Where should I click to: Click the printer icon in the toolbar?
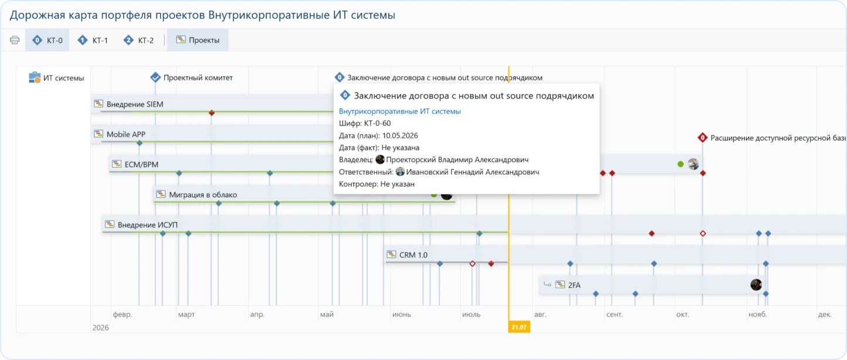pyautogui.click(x=15, y=40)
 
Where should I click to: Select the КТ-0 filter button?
pyautogui.click(x=48, y=40)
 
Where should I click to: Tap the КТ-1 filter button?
pyautogui.click(x=93, y=40)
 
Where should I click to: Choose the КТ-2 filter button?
pyautogui.click(x=139, y=40)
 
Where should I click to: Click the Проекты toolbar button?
pyautogui.click(x=198, y=40)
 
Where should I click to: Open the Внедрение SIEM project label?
pyautogui.click(x=134, y=104)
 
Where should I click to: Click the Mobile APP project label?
pyautogui.click(x=126, y=134)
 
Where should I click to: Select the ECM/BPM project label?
pyautogui.click(x=141, y=165)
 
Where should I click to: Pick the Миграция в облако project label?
pyautogui.click(x=203, y=195)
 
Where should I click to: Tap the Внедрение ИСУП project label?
pyautogui.click(x=147, y=225)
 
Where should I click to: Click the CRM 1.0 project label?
pyautogui.click(x=414, y=255)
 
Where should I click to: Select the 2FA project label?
pyautogui.click(x=574, y=285)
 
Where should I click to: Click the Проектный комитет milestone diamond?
pyautogui.click(x=155, y=77)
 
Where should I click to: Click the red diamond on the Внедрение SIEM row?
pyautogui.click(x=212, y=113)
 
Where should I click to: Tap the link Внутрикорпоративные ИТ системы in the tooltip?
pyautogui.click(x=399, y=111)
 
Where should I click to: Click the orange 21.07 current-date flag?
pyautogui.click(x=519, y=327)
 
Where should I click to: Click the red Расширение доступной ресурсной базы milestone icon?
pyautogui.click(x=703, y=138)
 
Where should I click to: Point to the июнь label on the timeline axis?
pyautogui.click(x=402, y=314)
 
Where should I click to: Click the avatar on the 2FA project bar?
pyautogui.click(x=756, y=285)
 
